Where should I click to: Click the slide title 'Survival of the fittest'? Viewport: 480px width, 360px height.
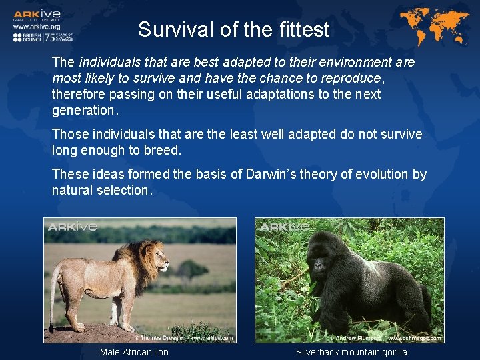tap(233, 30)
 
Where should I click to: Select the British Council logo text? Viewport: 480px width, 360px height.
tap(27, 37)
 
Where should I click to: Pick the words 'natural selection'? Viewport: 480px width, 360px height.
tap(101, 191)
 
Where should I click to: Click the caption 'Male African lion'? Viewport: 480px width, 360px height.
tap(134, 352)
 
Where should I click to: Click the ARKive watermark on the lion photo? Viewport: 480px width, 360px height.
tap(73, 227)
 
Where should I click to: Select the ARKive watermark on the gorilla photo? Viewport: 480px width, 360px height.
tap(285, 227)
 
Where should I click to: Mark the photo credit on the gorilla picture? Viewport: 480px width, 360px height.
tap(387, 338)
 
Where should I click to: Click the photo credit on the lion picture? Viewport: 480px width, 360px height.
tap(184, 338)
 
